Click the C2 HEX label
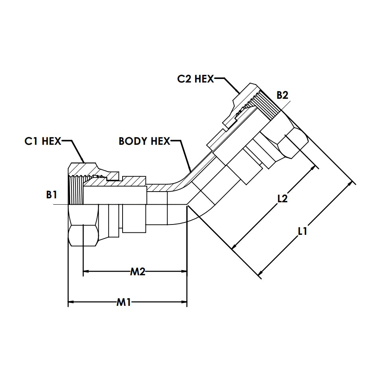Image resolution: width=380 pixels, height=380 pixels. click(195, 79)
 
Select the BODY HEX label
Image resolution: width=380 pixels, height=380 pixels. click(144, 141)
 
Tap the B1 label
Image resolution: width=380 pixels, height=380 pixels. click(52, 195)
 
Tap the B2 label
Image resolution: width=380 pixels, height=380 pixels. click(282, 95)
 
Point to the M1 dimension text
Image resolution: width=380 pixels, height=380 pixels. click(123, 303)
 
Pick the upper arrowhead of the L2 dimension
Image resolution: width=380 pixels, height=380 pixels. click(316, 167)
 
